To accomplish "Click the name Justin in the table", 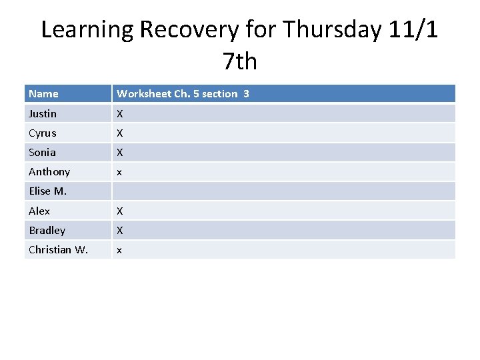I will pos(43,114).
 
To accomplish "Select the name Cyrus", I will pos(43,133).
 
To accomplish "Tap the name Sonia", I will pos(42,153).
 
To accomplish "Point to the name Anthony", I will pos(49,172).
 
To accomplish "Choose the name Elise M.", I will pos(47,191).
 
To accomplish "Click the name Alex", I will pos(39,211).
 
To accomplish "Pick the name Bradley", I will pos(47,231).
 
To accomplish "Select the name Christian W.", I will pos(58,250).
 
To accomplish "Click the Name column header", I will pos(43,94).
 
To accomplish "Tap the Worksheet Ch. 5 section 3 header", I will pos(183,94).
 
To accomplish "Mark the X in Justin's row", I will pos(120,114).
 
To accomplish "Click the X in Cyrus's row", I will pos(120,133).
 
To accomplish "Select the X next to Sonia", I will pos(120,153).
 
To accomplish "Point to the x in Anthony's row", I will pos(119,173).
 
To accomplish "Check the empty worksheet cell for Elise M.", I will pos(283,191).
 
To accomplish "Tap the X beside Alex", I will pos(120,211).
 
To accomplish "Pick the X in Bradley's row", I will pos(120,231).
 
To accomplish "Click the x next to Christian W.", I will pos(119,251).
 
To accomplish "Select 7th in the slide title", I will pos(240,61).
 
